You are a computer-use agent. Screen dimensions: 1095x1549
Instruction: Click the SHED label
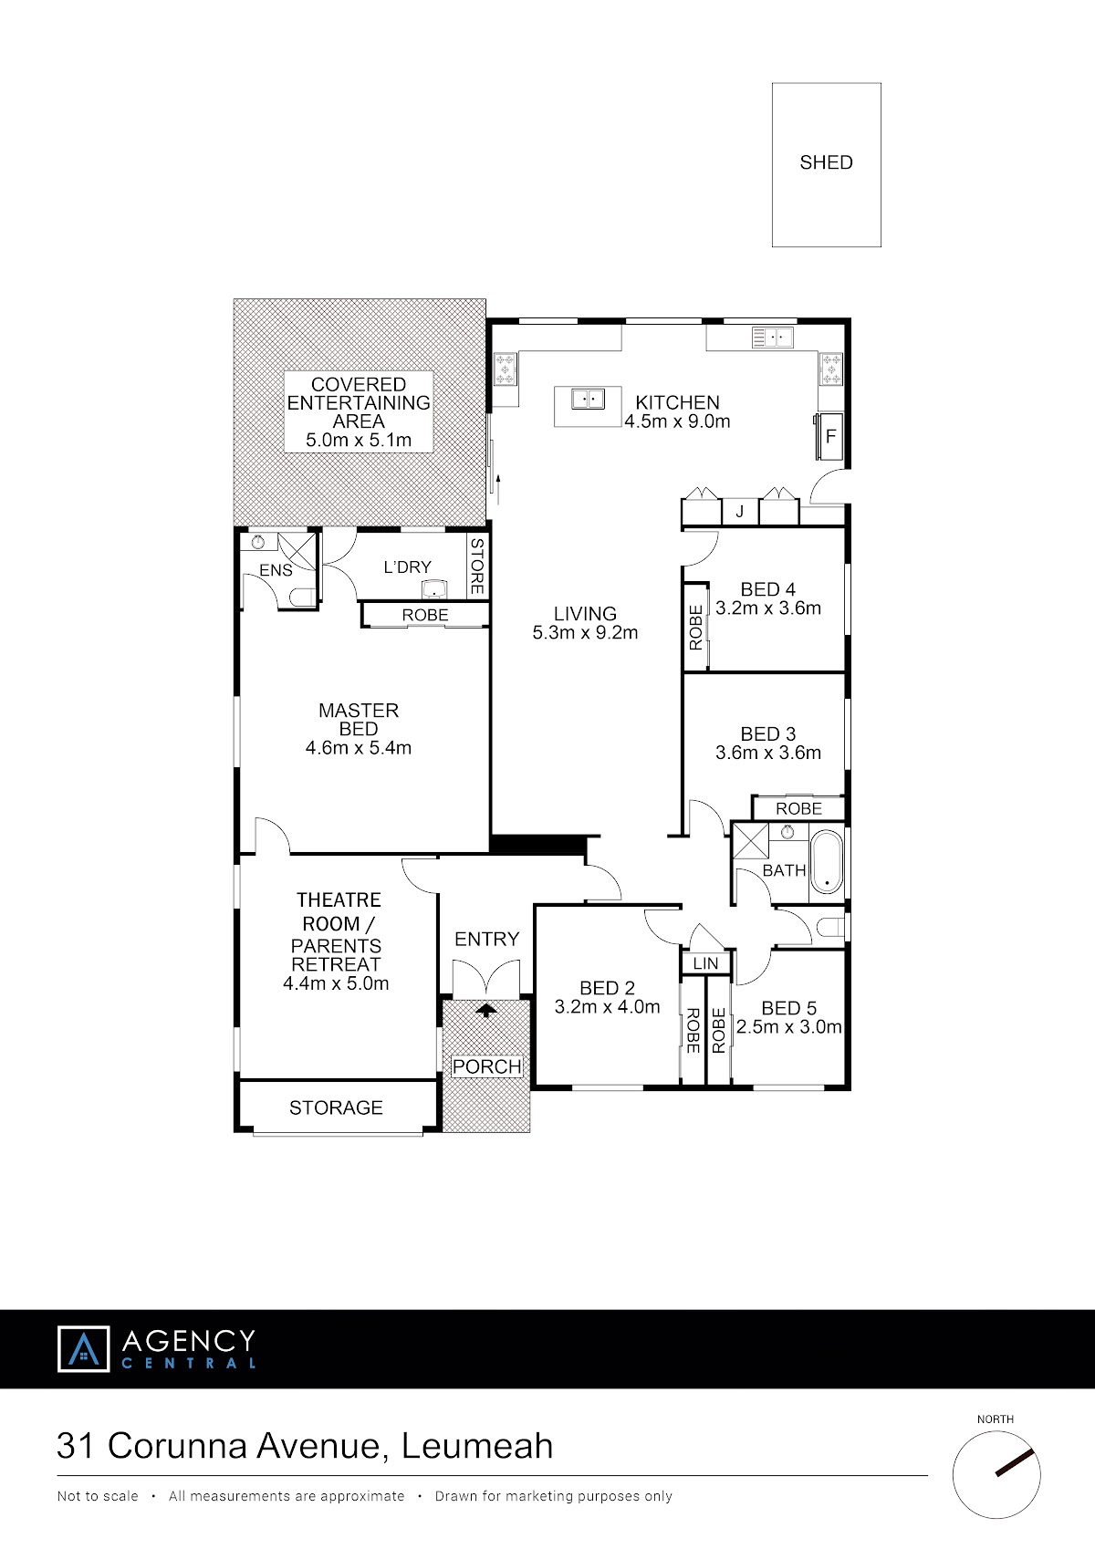coord(826,162)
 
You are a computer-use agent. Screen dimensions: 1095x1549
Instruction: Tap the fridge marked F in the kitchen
coord(829,436)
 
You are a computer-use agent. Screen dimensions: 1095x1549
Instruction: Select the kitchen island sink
coord(588,399)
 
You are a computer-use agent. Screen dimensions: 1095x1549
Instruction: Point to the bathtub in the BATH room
coord(827,862)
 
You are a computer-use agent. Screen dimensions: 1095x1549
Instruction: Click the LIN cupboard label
coord(705,963)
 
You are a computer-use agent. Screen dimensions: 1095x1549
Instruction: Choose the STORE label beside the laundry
coord(476,567)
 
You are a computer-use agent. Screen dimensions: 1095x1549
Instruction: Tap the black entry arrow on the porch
coord(486,1010)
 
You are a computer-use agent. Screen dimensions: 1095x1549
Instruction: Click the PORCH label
coord(487,1066)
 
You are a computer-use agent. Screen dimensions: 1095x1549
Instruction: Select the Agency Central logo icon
coord(83,1348)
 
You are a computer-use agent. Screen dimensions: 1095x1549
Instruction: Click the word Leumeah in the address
coord(477,1446)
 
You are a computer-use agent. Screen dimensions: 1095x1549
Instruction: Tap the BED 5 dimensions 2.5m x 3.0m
coord(788,1027)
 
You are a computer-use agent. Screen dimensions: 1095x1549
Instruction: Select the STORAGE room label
coord(336,1107)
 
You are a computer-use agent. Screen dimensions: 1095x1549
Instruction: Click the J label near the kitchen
coord(739,512)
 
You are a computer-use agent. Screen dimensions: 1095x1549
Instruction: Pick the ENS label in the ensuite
coord(276,570)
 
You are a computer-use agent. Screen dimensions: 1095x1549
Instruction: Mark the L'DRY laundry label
coord(407,567)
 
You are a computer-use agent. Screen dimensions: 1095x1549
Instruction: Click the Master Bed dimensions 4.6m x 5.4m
coord(359,747)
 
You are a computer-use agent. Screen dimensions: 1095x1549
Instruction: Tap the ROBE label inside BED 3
coord(798,808)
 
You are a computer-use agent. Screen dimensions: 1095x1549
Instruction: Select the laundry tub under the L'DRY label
coord(434,590)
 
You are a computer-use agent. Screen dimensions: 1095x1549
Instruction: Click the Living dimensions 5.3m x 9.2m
coord(585,632)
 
